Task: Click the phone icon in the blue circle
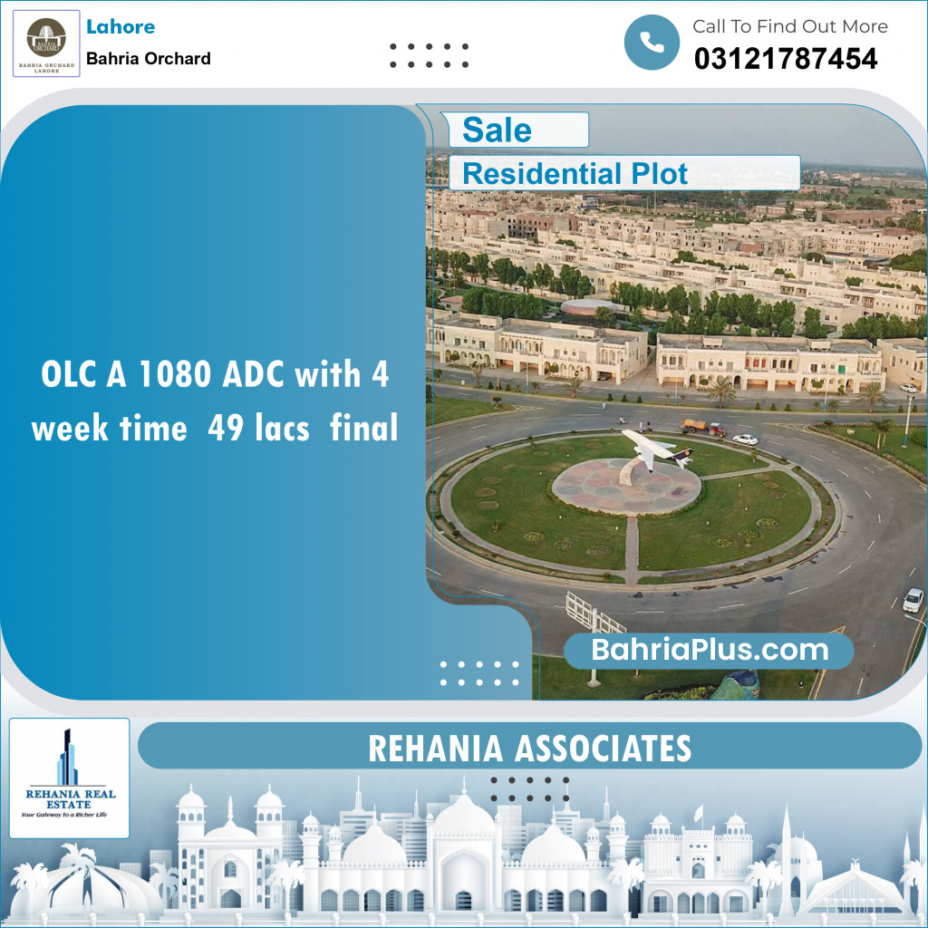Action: tap(652, 43)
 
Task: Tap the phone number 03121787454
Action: tap(785, 60)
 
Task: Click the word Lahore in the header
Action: tap(120, 27)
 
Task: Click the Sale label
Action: tap(497, 130)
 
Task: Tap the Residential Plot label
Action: tap(575, 173)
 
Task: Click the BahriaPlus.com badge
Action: tap(710, 650)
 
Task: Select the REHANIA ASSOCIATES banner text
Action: tap(530, 749)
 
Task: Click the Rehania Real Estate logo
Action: tap(69, 778)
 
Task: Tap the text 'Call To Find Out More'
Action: tap(789, 27)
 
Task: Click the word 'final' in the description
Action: tap(364, 428)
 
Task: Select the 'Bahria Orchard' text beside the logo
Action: tap(149, 59)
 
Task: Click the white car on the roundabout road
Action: tap(745, 440)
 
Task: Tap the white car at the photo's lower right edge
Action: tap(913, 599)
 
